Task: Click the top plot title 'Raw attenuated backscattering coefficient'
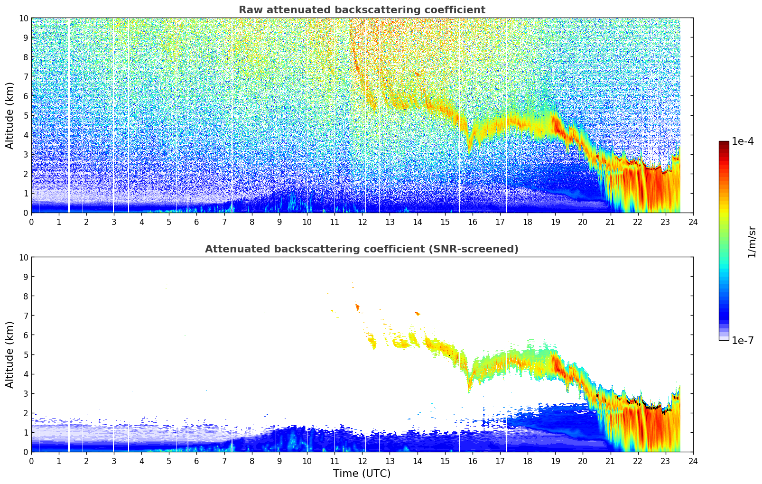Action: (362, 10)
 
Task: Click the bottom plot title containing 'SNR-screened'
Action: (362, 249)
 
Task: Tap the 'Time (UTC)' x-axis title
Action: (362, 473)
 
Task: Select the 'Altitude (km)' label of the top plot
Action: (9, 115)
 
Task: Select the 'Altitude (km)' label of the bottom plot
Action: (9, 354)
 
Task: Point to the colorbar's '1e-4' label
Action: (743, 141)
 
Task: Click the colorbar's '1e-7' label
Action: (743, 340)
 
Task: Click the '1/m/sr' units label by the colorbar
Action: (751, 242)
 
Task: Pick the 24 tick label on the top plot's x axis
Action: (693, 222)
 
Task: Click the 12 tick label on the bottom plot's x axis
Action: (362, 461)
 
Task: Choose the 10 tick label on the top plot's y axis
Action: (23, 19)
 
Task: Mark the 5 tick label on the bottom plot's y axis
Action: (26, 355)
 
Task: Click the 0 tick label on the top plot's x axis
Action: (31, 222)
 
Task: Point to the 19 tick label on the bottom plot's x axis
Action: (555, 461)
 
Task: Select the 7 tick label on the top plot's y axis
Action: (26, 77)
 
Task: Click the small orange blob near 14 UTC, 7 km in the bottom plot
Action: (418, 313)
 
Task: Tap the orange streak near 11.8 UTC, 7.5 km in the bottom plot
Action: (357, 307)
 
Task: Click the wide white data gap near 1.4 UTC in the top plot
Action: (69, 115)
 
